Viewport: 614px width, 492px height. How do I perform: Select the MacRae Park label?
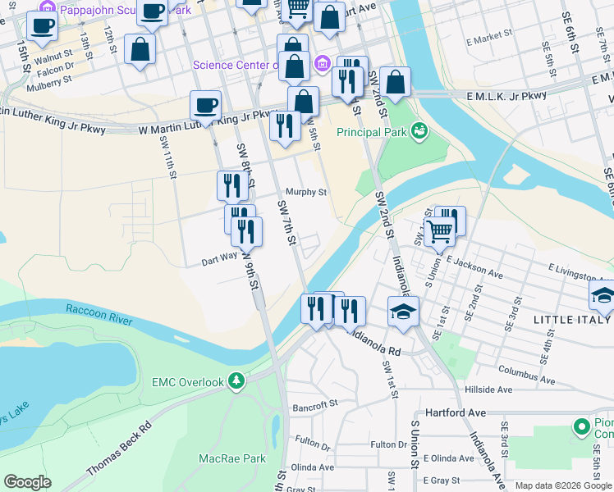[x=232, y=459]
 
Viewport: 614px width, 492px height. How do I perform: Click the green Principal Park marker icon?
[x=419, y=130]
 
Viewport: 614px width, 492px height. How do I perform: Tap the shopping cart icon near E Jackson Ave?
[x=439, y=233]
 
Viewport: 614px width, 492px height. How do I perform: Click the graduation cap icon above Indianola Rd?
[x=402, y=312]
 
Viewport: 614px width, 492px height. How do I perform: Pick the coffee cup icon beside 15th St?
[x=42, y=25]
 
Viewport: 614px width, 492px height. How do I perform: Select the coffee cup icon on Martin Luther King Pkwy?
[x=206, y=105]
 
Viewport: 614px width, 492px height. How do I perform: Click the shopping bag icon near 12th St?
[x=140, y=48]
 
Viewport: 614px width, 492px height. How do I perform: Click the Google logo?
[x=28, y=482]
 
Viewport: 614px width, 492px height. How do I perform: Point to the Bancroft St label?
[x=316, y=404]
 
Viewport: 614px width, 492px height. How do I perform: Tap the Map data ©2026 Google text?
[x=562, y=485]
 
